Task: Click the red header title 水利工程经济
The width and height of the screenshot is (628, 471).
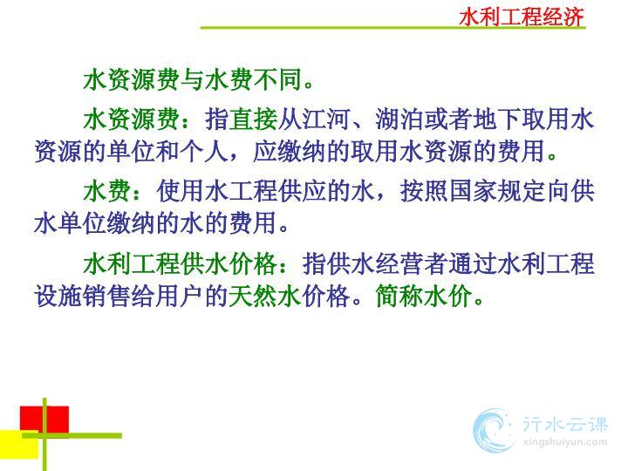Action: [x=522, y=17]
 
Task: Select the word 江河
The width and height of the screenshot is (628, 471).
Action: [x=326, y=119]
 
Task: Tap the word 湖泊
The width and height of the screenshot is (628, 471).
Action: [x=399, y=119]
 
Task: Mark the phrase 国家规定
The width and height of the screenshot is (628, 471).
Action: [x=497, y=191]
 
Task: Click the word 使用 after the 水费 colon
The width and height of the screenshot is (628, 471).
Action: [x=181, y=191]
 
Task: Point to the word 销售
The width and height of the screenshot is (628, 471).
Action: [x=107, y=296]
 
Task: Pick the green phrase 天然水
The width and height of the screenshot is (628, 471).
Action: [x=265, y=296]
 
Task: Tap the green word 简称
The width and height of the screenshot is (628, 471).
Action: [x=399, y=296]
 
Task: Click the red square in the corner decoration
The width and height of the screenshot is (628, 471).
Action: [x=44, y=420]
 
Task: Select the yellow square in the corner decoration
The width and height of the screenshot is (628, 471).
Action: [x=19, y=444]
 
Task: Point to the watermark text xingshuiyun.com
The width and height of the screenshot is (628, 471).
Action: [x=565, y=442]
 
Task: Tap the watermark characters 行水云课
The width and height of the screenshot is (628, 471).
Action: [x=565, y=424]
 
